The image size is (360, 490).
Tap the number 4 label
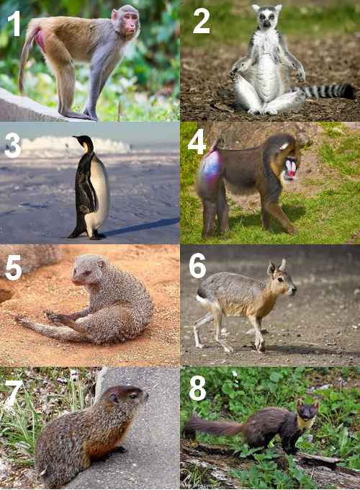pyautogui.click(x=197, y=141)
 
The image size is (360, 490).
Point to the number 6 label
pyautogui.click(x=197, y=265)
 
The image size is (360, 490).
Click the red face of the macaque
pyautogui.click(x=130, y=26)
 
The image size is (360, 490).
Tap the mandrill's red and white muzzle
pyautogui.click(x=290, y=169)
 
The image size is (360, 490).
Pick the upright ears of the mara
pyautogui.click(x=277, y=267)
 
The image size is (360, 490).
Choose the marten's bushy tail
pyautogui.click(x=209, y=427)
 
